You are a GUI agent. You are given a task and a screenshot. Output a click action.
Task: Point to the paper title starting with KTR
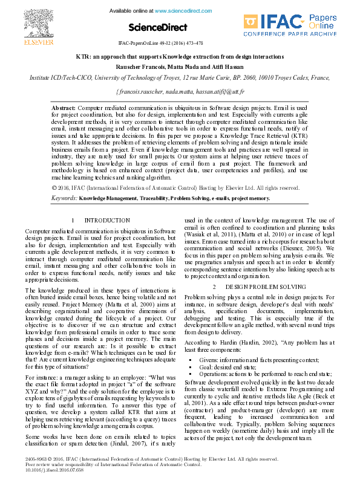[180, 56]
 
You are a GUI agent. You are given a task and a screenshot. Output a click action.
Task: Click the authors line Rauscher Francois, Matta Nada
[180, 66]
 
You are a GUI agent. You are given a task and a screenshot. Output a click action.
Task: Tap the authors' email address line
[180, 91]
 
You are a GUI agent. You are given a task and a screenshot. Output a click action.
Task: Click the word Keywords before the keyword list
[64, 198]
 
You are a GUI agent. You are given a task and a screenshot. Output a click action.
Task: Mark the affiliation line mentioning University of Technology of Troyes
[180, 77]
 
